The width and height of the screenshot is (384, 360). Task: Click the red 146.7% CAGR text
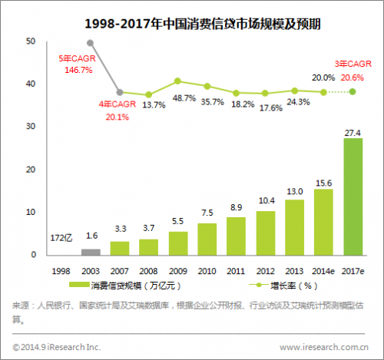[x=75, y=68]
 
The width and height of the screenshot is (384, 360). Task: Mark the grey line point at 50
[x=91, y=43]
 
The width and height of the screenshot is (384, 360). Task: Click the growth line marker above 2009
[x=177, y=81]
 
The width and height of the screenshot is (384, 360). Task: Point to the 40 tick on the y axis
[x=31, y=84]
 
